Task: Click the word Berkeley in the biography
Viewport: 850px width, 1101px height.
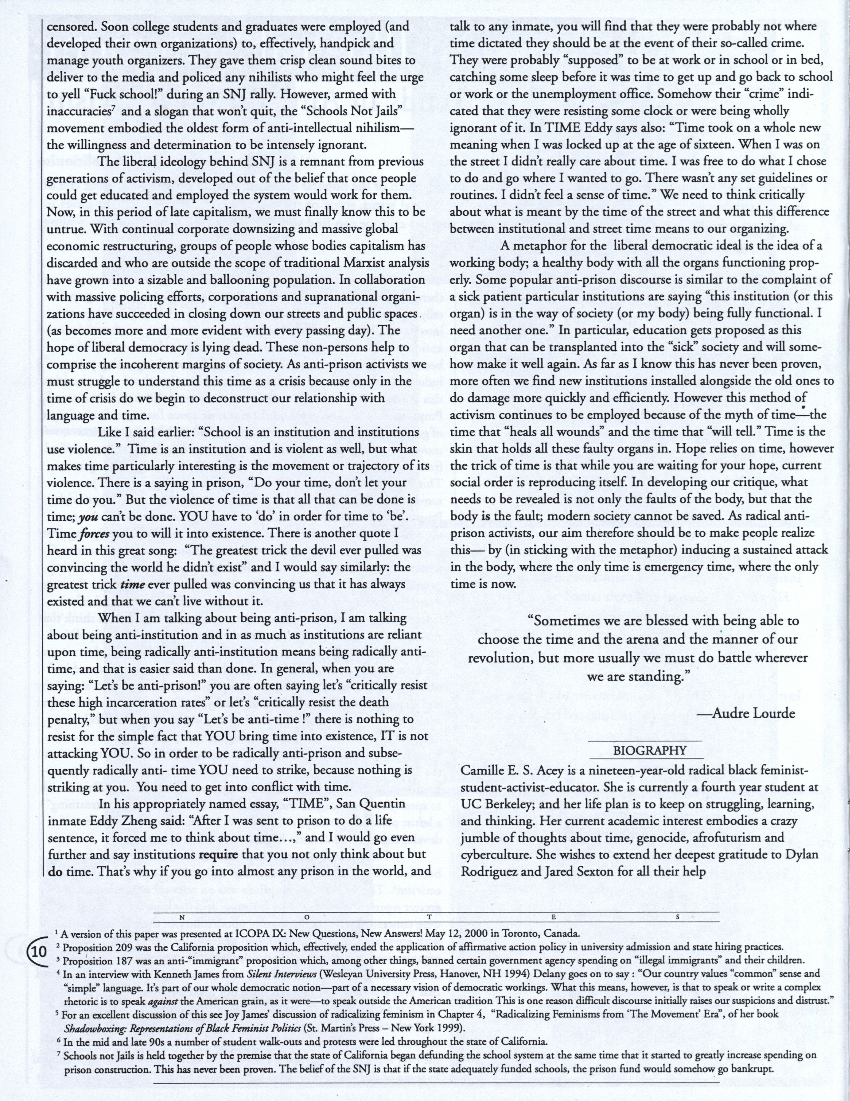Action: pyautogui.click(x=510, y=804)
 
